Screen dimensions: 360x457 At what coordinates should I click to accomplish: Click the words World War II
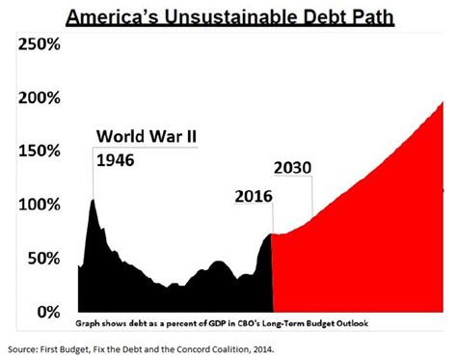(144, 136)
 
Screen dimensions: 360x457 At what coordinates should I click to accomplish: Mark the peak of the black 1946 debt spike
(92, 200)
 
